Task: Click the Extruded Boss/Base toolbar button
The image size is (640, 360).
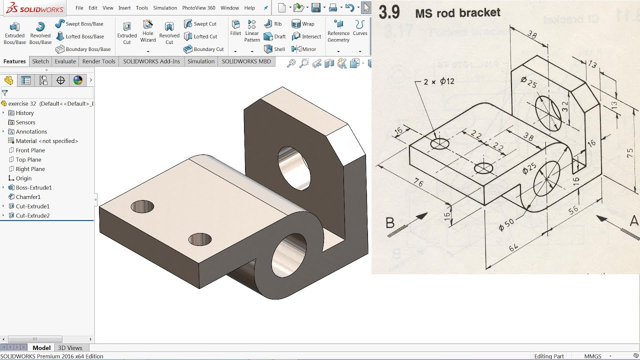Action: click(x=14, y=33)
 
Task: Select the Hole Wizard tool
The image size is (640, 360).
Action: click(x=148, y=31)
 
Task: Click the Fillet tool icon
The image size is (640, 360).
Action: click(x=235, y=28)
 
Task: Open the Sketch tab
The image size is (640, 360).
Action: click(x=40, y=61)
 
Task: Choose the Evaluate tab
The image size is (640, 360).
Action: click(x=65, y=61)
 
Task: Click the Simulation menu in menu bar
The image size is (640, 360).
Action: click(x=165, y=8)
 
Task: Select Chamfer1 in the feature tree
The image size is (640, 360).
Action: click(x=28, y=197)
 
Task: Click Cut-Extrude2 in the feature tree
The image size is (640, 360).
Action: click(x=32, y=215)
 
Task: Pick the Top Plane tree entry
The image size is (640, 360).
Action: click(x=28, y=159)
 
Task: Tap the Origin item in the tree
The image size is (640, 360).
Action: click(x=23, y=178)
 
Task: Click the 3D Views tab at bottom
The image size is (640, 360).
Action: click(x=70, y=348)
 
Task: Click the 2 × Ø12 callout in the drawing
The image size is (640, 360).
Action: click(x=438, y=81)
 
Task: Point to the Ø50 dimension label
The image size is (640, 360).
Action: click(x=506, y=225)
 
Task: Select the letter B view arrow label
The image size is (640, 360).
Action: click(x=390, y=223)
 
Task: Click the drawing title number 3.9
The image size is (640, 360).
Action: click(x=389, y=12)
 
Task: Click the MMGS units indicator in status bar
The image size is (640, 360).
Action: click(x=593, y=356)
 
